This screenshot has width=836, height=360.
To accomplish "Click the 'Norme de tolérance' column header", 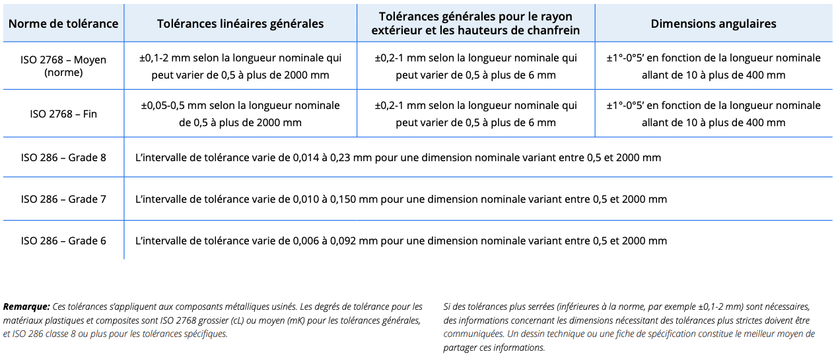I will [63, 24].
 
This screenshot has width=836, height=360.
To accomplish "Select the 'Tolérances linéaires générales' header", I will [240, 24].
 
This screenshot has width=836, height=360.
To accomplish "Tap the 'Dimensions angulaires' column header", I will [713, 24].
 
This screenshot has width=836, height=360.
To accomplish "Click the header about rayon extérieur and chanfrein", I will [475, 24].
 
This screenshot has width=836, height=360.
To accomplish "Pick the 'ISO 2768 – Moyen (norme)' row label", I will [63, 66].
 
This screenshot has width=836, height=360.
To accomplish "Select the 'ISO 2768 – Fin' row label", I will [63, 114].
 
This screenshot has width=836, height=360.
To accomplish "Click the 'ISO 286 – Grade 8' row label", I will [63, 158].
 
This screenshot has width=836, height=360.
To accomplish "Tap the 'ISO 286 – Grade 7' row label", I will [63, 199].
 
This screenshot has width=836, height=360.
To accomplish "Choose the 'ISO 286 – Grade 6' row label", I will [63, 240].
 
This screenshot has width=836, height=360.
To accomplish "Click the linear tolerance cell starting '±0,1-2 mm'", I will [240, 66].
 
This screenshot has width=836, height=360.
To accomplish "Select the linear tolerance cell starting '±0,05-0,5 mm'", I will [240, 114].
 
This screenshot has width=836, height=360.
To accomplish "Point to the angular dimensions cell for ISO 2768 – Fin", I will [713, 114].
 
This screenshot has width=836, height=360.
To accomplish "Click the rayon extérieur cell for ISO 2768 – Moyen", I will [475, 66].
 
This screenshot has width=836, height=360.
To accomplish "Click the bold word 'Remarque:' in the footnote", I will [26, 306].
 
